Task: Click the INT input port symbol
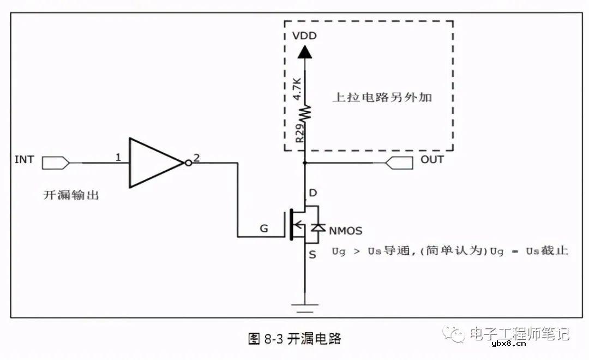[56, 162]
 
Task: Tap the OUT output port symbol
[397, 162]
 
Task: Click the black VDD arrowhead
[305, 52]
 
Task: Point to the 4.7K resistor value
[297, 88]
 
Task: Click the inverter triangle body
[153, 163]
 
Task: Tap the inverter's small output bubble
[187, 163]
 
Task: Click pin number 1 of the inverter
[118, 158]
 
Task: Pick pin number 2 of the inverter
[196, 158]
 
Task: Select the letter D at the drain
[312, 193]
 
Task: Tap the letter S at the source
[312, 254]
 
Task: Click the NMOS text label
[345, 231]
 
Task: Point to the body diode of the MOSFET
[318, 227]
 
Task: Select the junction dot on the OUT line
[305, 163]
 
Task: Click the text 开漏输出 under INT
[71, 195]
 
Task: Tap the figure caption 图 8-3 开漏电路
[294, 339]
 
